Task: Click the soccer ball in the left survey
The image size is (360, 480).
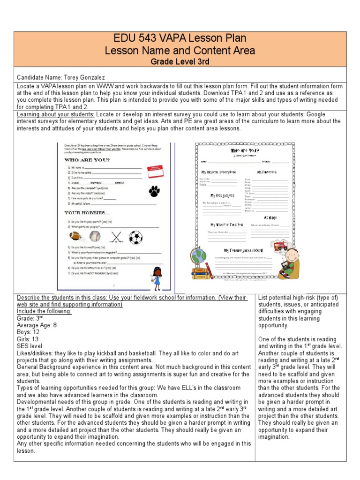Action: pyautogui.click(x=135, y=237)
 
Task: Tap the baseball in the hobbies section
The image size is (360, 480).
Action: pyautogui.click(x=95, y=236)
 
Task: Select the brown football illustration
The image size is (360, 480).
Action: pyautogui.click(x=75, y=236)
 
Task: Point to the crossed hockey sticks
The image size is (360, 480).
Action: pyautogui.click(x=115, y=236)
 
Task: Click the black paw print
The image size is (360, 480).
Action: pyautogui.click(x=154, y=191)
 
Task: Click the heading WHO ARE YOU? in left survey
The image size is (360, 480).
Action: pyautogui.click(x=87, y=160)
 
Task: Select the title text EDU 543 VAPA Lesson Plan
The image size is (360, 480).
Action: pyautogui.click(x=180, y=38)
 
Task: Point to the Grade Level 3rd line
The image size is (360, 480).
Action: pyautogui.click(x=180, y=61)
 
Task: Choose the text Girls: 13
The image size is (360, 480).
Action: pyautogui.click(x=28, y=339)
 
